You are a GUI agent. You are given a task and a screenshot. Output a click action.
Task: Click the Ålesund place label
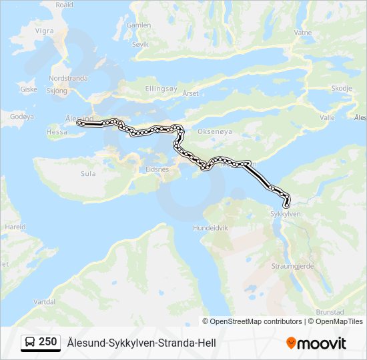point(77,117)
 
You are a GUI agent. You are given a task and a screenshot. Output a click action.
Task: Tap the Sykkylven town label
point(286,214)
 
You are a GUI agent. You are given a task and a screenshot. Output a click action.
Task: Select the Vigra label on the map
point(45,31)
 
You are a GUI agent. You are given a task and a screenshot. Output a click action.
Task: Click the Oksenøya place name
point(214,132)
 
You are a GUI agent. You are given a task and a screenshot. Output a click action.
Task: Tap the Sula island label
point(87,174)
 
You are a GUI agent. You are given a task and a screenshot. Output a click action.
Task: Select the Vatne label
point(303,51)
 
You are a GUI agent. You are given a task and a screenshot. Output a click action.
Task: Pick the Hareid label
point(15,227)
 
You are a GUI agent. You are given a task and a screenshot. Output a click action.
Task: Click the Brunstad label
point(330,311)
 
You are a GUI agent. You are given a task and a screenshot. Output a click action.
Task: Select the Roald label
point(64,4)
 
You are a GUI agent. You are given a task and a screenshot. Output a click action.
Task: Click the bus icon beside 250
point(30,343)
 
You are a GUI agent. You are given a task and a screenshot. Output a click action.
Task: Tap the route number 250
point(47,342)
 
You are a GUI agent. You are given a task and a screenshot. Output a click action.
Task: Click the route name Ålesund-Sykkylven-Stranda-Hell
point(141,343)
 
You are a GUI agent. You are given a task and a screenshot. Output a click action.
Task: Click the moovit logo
point(316,343)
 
